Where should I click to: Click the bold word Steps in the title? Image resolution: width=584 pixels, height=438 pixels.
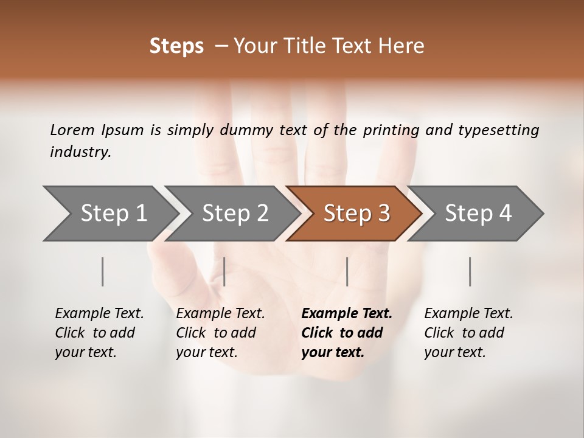(x=176, y=46)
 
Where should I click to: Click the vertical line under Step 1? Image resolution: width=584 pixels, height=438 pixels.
(x=103, y=271)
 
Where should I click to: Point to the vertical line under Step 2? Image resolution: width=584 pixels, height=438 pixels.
(x=224, y=271)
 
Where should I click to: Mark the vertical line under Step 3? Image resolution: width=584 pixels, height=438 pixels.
(x=347, y=271)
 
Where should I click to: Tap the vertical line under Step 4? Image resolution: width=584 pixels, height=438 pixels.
(x=470, y=271)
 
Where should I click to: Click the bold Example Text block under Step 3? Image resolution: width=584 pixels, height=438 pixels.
(x=347, y=333)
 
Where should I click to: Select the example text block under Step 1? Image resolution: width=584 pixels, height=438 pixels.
(x=99, y=333)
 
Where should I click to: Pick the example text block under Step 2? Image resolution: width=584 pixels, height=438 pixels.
(x=220, y=333)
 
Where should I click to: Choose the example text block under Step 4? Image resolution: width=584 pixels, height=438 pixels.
(x=468, y=333)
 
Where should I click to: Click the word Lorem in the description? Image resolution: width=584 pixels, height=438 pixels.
(x=72, y=130)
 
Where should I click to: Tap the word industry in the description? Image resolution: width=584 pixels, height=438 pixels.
(x=80, y=152)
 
